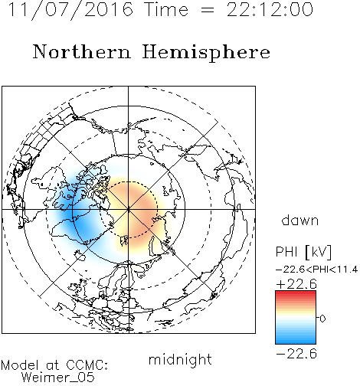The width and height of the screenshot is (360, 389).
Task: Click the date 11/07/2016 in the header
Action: tap(70, 10)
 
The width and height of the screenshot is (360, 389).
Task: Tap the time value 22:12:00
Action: tap(270, 9)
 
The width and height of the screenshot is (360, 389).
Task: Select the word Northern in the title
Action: tap(82, 51)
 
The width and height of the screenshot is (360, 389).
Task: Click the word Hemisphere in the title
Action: tap(206, 53)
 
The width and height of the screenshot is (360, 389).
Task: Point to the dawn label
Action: tap(300, 220)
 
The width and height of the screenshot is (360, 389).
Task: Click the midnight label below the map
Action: tap(180, 359)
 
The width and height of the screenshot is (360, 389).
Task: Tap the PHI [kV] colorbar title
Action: tap(303, 252)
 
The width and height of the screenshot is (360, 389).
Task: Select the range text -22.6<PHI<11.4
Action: tap(316, 270)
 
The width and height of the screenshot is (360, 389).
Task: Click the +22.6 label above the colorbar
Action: tap(296, 284)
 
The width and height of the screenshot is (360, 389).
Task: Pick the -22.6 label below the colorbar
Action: tap(296, 354)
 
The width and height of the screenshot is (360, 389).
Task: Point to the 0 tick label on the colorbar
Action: tap(322, 319)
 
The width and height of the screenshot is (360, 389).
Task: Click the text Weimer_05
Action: tap(58, 377)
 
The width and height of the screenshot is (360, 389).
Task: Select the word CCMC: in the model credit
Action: tap(87, 365)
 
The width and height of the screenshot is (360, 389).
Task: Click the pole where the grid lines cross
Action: tap(129, 209)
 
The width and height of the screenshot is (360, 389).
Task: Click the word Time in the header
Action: tap(166, 9)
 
